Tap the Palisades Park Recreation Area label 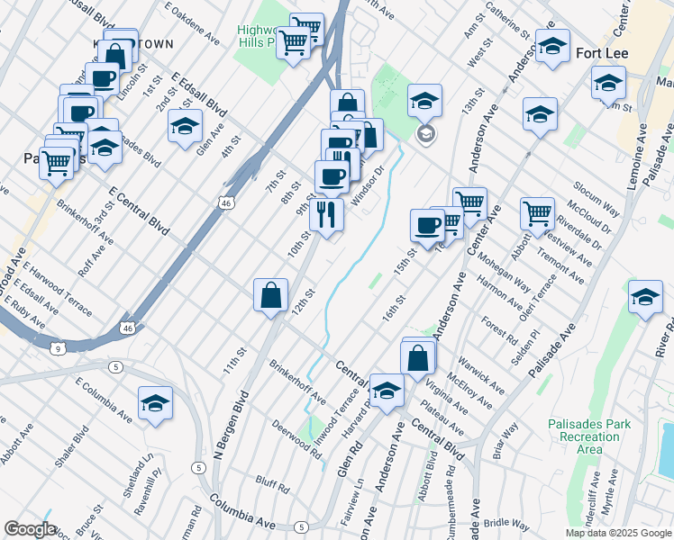point(577,436)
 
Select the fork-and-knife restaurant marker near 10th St point(326,215)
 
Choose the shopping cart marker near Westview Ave point(537,214)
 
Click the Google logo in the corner point(29,529)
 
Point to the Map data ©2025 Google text point(618,533)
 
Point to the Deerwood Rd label point(297,441)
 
